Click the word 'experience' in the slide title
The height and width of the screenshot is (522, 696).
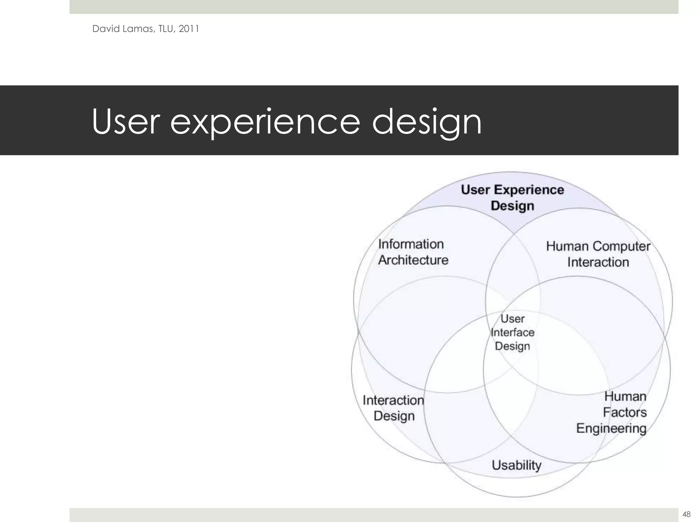[265, 122]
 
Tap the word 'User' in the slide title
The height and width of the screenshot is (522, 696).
[126, 122]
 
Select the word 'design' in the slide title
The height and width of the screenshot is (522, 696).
[427, 122]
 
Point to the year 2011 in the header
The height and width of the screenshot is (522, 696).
[189, 29]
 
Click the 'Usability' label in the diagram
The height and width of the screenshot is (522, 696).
[517, 465]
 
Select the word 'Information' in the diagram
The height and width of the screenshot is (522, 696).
[411, 244]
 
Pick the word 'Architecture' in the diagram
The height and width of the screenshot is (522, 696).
[413, 260]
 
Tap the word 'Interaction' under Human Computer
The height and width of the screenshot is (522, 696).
[598, 262]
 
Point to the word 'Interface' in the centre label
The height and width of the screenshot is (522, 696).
[512, 332]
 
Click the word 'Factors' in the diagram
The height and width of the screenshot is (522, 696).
[625, 412]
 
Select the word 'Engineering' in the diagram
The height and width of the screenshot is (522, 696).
[611, 428]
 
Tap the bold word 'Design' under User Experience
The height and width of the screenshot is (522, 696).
[512, 206]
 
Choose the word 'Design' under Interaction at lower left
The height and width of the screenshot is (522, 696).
[394, 416]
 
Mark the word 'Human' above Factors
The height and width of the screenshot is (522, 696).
[625, 396]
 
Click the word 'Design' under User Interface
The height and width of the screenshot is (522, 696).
[512, 346]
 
